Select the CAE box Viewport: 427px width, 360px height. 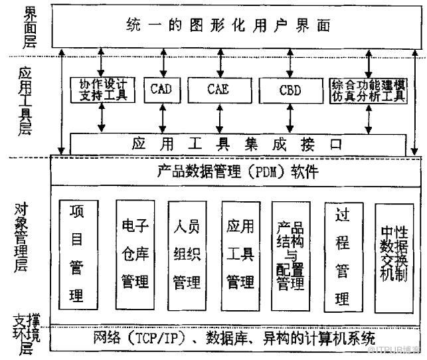[218, 89]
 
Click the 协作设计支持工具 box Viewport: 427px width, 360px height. [103, 90]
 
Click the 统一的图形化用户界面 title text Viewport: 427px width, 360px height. [228, 26]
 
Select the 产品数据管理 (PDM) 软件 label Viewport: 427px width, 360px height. [238, 173]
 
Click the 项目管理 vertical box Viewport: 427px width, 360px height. [76, 254]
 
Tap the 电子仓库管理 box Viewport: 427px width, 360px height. [135, 254]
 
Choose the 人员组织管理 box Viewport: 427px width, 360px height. [186, 255]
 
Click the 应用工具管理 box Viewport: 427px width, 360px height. [240, 255]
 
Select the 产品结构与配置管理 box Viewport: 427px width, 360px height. [290, 255]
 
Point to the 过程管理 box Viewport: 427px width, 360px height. [342, 255]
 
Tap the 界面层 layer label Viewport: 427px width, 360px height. [28, 27]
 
